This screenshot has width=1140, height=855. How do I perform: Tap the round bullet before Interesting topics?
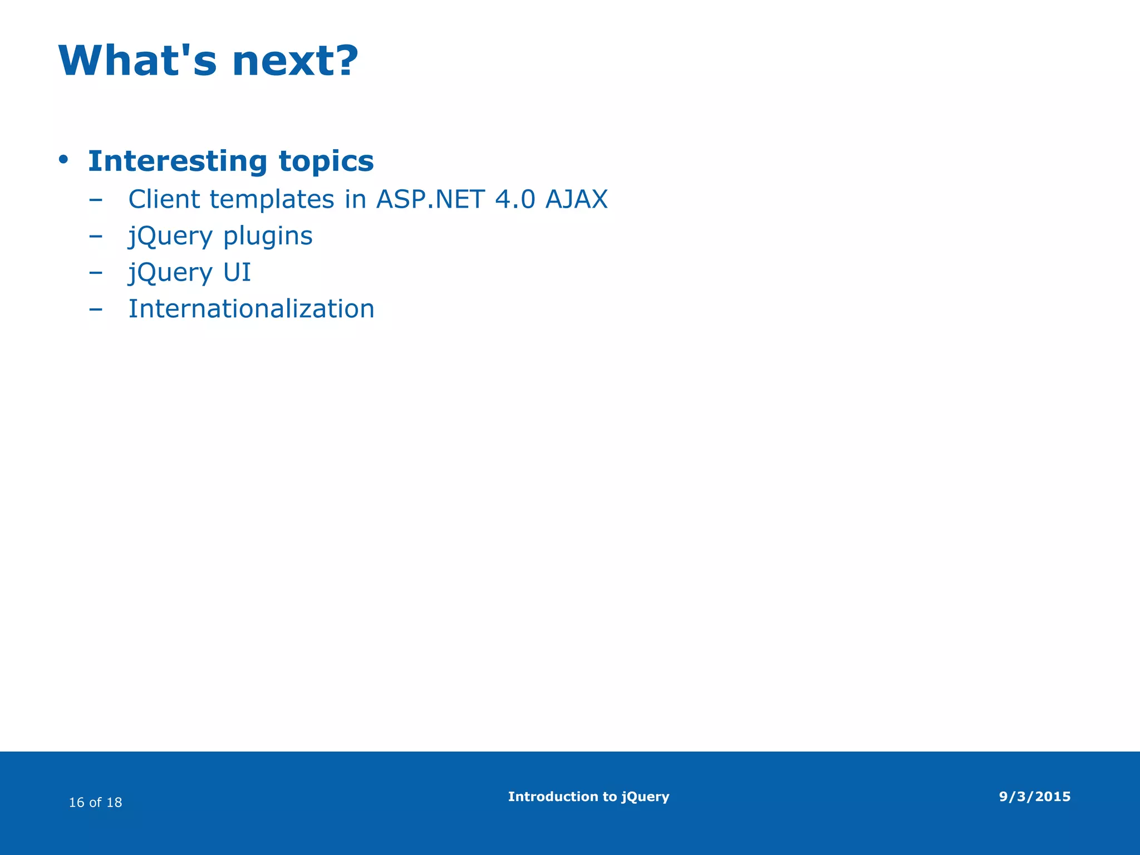tap(63, 160)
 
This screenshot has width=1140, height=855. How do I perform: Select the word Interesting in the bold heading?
tap(178, 161)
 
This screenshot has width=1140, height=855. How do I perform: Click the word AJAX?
tap(577, 199)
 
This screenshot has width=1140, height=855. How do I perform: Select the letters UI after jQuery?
tap(237, 273)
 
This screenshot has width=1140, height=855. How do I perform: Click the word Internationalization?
tap(252, 309)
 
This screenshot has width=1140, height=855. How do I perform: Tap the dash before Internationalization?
tap(96, 309)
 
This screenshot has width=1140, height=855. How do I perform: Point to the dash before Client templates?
tap(96, 200)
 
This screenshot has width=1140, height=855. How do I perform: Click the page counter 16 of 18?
tap(95, 802)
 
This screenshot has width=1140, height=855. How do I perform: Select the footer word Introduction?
tap(551, 797)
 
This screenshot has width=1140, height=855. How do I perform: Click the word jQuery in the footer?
tap(645, 797)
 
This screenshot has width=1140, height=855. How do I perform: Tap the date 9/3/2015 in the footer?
tap(1034, 797)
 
